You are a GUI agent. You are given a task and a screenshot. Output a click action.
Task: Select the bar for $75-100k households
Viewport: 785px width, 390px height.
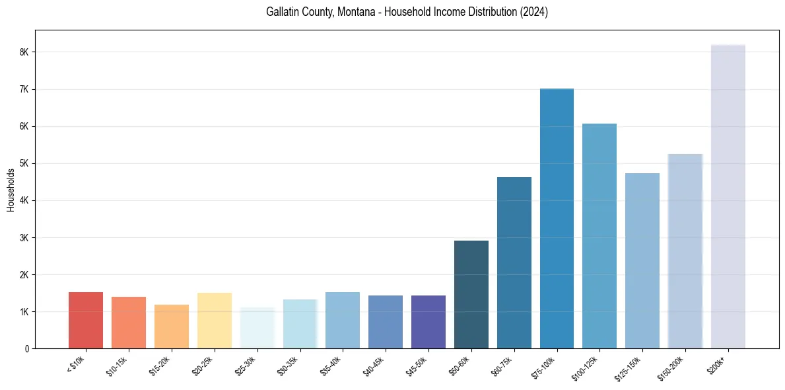(x=557, y=218)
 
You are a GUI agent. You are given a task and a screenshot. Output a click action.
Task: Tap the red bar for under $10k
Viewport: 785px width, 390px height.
(x=86, y=320)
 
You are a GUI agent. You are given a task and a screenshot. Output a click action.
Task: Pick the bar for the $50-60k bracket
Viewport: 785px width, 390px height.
(x=471, y=294)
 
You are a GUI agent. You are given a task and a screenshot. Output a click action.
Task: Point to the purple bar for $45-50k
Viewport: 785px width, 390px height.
(x=428, y=322)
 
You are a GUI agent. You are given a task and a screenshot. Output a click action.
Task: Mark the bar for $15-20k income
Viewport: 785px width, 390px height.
(x=172, y=326)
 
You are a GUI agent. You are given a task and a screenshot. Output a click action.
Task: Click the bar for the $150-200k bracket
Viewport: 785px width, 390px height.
(x=685, y=251)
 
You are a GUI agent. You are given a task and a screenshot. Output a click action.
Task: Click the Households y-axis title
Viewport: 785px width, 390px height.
(x=11, y=190)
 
